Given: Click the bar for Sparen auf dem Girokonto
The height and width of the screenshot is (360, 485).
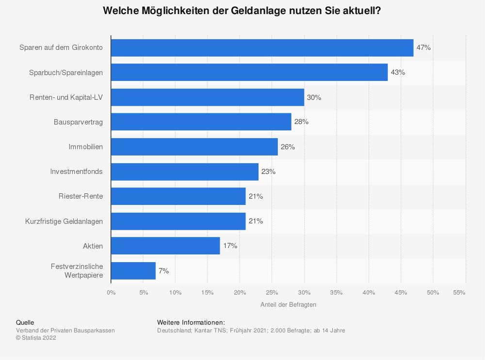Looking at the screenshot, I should click(262, 48).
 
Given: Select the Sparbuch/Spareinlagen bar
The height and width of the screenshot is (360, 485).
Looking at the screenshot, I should click(249, 72).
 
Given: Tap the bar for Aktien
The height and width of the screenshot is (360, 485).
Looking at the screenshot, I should click(165, 246).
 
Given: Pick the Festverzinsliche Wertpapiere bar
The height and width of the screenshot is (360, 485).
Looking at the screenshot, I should click(133, 271).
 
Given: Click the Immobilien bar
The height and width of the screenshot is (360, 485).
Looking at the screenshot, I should click(194, 147).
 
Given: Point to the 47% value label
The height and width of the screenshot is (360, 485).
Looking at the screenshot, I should click(423, 47).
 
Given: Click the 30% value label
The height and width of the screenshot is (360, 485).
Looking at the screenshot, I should click(314, 97).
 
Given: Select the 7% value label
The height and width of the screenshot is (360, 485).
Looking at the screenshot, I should click(163, 271).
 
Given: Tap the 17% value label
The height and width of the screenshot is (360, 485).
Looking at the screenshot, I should click(230, 246).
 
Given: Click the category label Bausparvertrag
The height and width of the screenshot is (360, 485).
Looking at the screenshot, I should click(78, 122).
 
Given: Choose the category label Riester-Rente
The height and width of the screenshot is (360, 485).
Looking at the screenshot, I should click(81, 196).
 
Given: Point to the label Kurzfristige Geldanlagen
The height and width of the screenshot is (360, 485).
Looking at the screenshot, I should click(64, 221).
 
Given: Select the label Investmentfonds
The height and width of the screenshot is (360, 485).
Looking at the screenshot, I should click(77, 172).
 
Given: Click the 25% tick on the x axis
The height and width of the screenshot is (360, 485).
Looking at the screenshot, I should click(272, 293).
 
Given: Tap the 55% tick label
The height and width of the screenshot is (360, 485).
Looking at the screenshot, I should click(459, 293).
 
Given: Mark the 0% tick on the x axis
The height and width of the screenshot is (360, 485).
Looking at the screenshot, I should click(111, 293).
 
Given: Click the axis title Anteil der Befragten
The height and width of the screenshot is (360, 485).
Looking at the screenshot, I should click(288, 305).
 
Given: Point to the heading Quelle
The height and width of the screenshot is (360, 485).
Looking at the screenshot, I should click(25, 322).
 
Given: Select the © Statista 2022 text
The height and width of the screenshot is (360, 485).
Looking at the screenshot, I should click(36, 338).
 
